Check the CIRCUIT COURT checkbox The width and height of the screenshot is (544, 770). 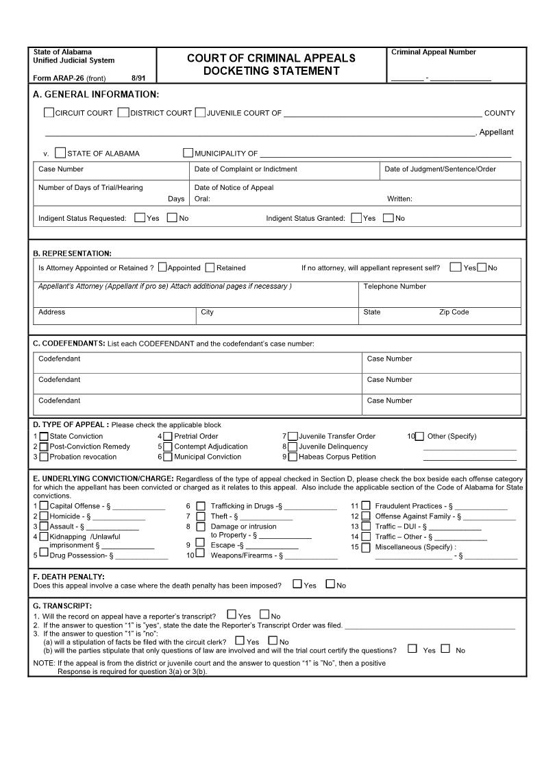[x=49, y=112]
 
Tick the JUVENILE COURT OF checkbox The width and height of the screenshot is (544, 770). [x=200, y=112]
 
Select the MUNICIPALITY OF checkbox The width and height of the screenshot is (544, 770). [x=188, y=153]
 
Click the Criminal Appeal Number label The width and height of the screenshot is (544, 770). [x=433, y=52]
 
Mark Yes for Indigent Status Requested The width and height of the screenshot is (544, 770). [x=140, y=218]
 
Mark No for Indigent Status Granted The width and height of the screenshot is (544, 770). [x=388, y=218]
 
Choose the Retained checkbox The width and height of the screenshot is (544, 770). [x=210, y=267]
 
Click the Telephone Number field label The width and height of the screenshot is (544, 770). [x=394, y=287]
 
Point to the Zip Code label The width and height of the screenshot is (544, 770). [x=454, y=312]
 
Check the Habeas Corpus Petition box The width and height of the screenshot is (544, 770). [x=293, y=457]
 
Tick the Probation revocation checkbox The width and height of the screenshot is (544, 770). [x=43, y=457]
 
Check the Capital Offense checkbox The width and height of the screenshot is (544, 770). [x=44, y=506]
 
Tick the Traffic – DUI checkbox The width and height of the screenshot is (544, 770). [x=366, y=527]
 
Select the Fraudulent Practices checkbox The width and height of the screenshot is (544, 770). [x=366, y=506]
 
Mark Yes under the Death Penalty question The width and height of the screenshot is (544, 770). [x=297, y=584]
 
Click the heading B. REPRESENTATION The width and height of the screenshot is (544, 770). [x=72, y=254]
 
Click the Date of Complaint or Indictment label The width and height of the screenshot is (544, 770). [x=245, y=169]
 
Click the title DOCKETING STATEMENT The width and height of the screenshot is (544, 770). [x=271, y=71]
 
